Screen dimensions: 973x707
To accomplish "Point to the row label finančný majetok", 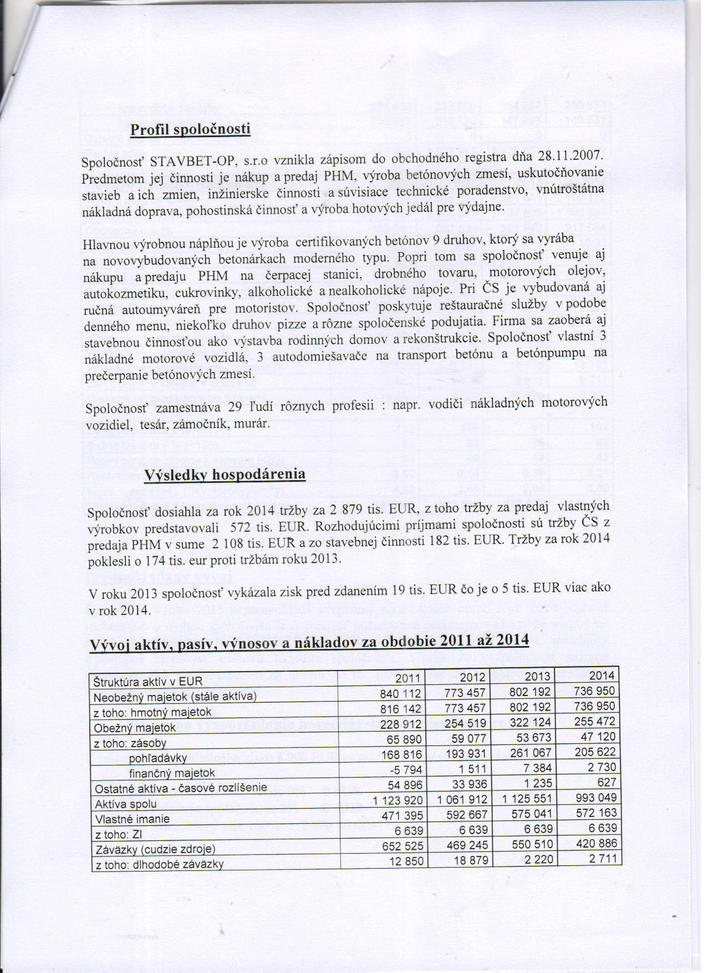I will [x=172, y=773].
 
